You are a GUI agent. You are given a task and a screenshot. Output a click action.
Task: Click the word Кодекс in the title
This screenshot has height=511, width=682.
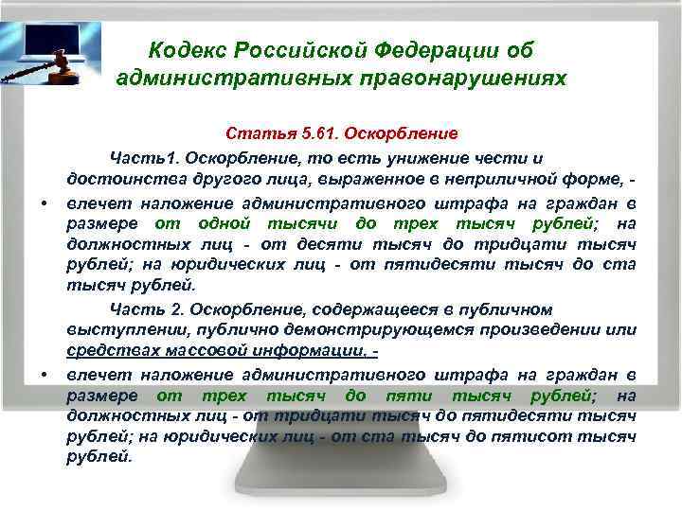187,48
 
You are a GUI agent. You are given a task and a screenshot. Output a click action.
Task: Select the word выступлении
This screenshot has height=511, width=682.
116,331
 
